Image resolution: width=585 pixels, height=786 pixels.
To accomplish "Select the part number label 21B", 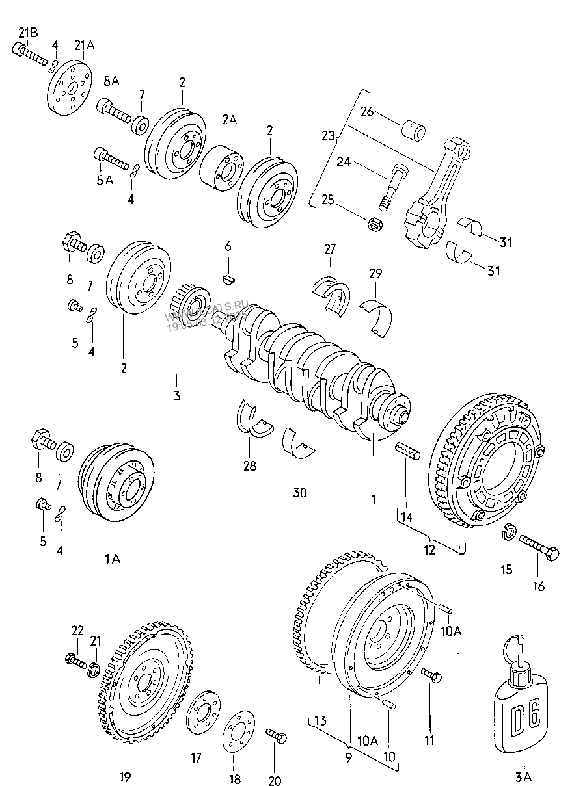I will [28, 33].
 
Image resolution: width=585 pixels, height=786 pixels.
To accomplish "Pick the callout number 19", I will [124, 776].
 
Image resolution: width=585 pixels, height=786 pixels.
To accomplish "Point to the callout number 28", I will [250, 465].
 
